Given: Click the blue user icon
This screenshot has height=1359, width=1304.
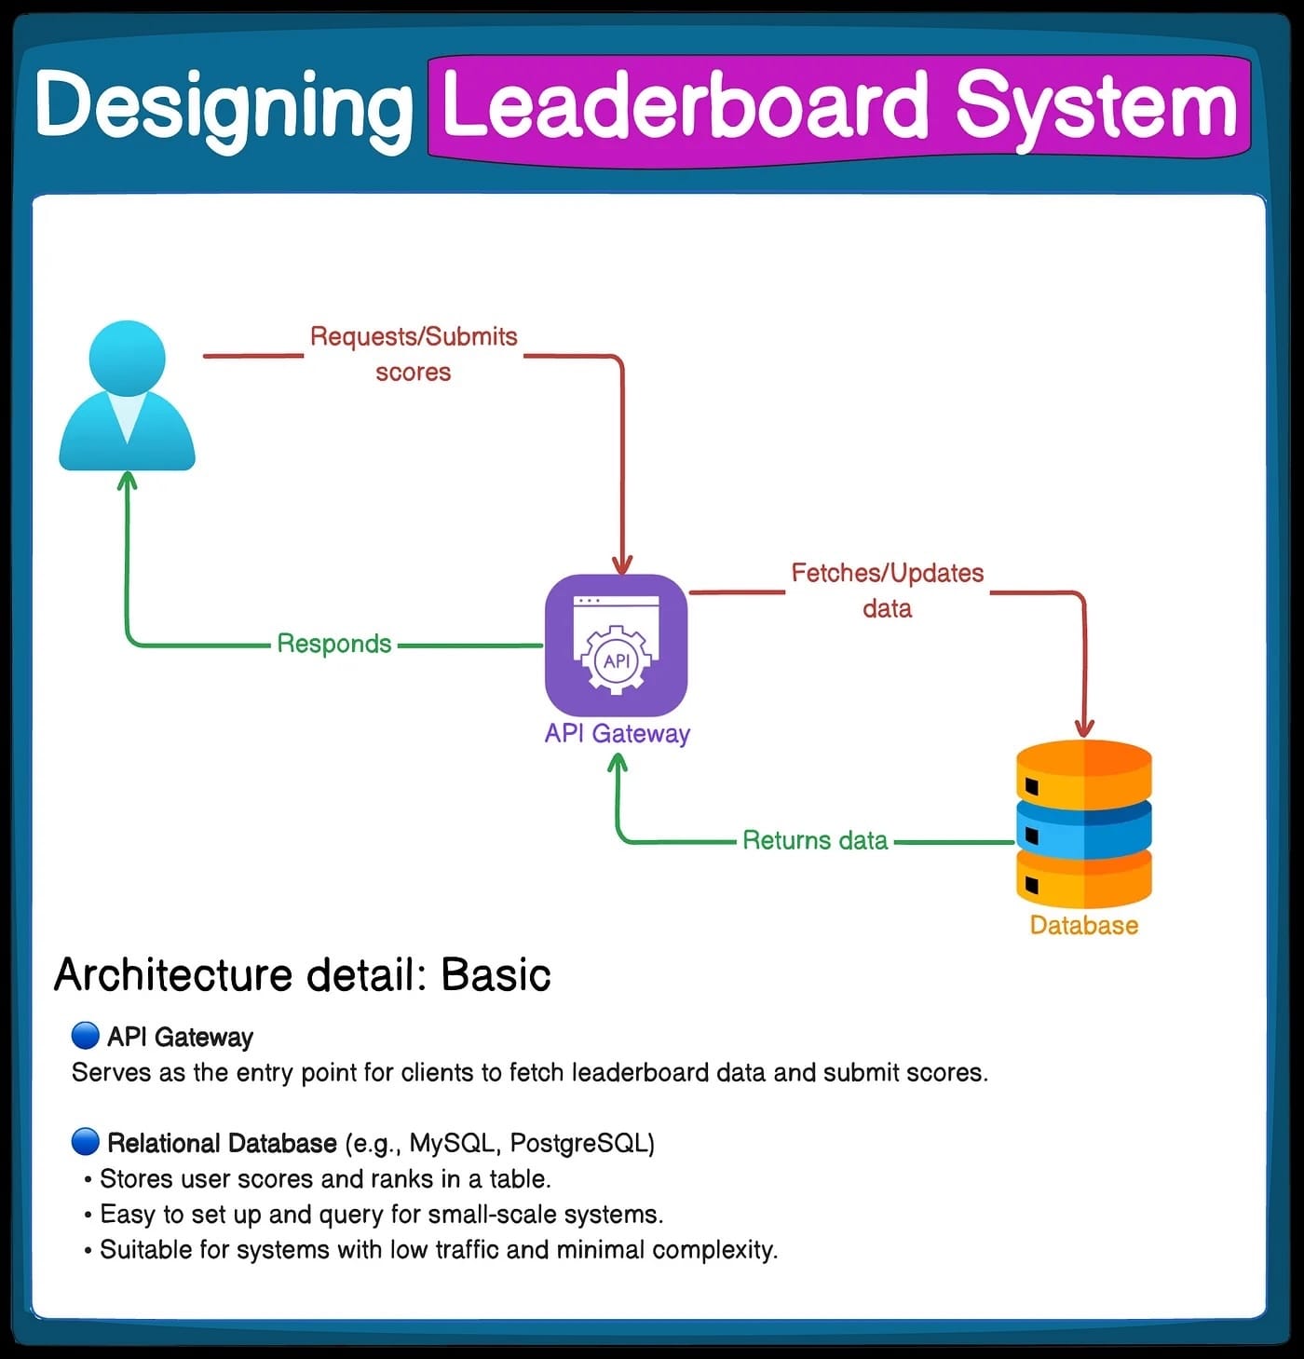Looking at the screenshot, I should coord(128,397).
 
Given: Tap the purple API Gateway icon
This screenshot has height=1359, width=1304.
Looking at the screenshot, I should coord(616,646).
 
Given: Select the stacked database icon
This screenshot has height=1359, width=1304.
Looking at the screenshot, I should coord(1083,823).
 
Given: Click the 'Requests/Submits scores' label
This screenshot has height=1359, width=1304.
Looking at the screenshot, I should coord(414,354).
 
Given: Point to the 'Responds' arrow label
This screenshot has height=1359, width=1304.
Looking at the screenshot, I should coord(334,644).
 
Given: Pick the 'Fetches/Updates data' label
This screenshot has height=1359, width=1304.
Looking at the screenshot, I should coord(887,591).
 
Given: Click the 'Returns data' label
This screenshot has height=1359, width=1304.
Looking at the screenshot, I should coord(815,840).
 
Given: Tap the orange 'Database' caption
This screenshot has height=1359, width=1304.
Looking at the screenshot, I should coord(1083,925).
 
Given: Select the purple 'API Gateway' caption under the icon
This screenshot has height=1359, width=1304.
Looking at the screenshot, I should coord(617,734).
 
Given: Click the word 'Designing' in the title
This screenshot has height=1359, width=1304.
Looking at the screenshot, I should coord(224,107).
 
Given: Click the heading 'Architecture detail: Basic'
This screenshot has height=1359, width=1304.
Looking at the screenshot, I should coord(303,975).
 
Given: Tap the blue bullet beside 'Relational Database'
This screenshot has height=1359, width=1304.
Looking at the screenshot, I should coord(85,1141).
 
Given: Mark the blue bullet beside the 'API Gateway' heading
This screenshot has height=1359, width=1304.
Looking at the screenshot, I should coord(85,1035).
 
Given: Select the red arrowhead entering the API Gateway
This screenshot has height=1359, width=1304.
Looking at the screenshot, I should coord(622,564).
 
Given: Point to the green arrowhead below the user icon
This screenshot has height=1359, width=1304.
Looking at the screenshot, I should coord(128,481).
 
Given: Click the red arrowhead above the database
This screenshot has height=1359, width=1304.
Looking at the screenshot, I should coord(1083,727).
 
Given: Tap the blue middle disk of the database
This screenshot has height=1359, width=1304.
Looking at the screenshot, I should coord(1083,825).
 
